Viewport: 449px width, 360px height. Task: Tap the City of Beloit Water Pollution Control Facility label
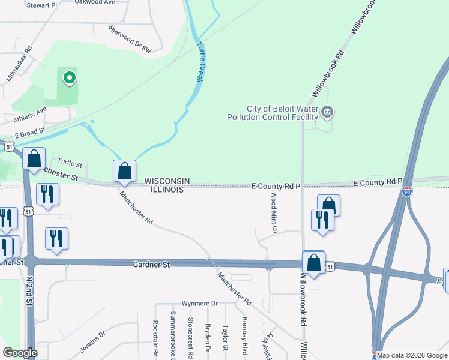click(271, 112)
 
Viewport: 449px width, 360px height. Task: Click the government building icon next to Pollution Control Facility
click(327, 112)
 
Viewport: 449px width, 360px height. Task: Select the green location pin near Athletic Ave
click(70, 77)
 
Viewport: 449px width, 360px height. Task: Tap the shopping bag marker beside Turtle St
click(34, 159)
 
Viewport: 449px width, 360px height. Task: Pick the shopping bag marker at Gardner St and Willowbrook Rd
click(313, 262)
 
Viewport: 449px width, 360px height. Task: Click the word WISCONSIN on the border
click(167, 181)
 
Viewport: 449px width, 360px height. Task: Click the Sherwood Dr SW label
click(129, 40)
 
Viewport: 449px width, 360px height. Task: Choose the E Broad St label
click(30, 131)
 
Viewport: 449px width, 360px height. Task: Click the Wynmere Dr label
click(200, 303)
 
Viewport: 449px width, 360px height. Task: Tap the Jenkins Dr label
click(92, 340)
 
